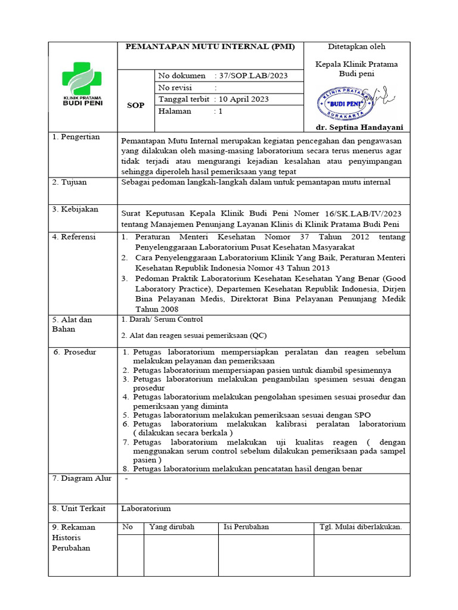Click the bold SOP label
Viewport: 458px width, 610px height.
point(136,105)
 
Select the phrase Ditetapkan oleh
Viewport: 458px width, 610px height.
point(357,46)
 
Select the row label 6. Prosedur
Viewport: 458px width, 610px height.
point(75,352)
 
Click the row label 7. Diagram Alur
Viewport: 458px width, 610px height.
point(82,478)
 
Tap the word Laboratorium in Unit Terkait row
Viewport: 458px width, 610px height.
point(146,508)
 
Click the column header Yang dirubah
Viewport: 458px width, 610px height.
point(172,527)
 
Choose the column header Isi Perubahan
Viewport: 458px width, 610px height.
point(246,527)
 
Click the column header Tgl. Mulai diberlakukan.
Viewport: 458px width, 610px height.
point(360,527)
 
